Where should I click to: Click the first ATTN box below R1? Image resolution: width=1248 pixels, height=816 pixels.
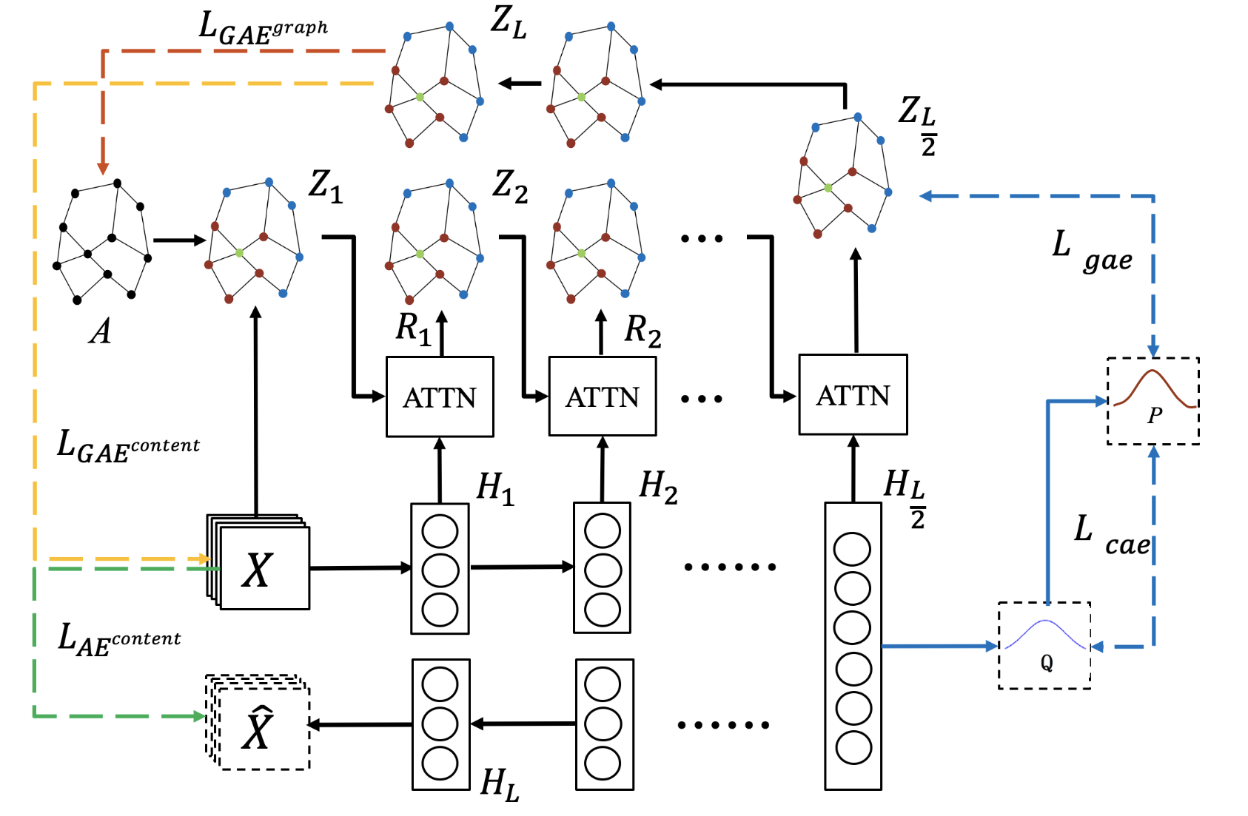[x=440, y=397]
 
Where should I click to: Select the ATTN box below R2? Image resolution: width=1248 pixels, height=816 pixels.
[x=602, y=397]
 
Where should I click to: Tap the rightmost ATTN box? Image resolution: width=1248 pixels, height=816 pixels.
[x=853, y=395]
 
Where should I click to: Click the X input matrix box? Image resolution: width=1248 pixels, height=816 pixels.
[x=264, y=569]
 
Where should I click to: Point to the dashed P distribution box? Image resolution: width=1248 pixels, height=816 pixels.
[x=1153, y=402]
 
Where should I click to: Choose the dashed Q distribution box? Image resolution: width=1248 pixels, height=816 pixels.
[x=1044, y=646]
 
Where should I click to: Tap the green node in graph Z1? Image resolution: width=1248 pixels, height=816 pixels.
[x=239, y=253]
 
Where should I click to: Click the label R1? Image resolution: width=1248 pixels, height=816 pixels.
[x=412, y=328]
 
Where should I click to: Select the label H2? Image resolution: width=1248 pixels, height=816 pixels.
[x=658, y=487]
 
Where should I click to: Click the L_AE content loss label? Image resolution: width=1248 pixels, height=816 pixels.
[x=118, y=639]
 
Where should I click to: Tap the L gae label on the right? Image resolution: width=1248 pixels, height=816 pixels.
[x=1092, y=252]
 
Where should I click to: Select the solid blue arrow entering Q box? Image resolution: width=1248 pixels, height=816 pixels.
[x=940, y=646]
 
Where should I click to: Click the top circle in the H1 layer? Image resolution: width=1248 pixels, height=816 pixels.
[x=440, y=531]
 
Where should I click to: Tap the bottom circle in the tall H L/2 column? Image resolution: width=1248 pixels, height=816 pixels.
[x=853, y=747]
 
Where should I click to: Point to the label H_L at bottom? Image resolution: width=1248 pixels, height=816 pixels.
[x=499, y=783]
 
